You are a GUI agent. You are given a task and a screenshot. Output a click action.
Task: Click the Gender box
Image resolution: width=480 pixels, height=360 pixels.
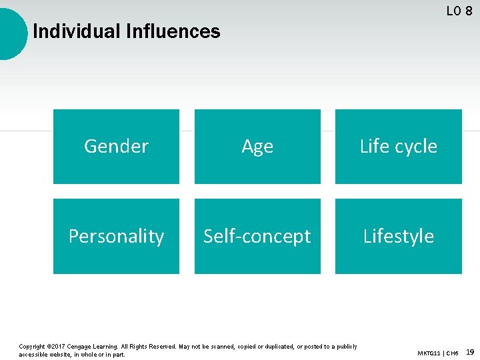pyautogui.click(x=116, y=147)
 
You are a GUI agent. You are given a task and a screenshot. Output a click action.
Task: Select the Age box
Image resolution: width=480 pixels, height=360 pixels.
pyautogui.click(x=257, y=147)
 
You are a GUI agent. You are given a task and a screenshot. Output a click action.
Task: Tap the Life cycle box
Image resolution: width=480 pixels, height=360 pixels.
pyautogui.click(x=398, y=147)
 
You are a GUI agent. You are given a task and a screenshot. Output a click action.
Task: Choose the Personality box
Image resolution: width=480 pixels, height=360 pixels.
pyautogui.click(x=116, y=236)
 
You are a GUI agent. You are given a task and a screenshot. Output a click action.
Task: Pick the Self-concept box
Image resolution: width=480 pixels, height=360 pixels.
pyautogui.click(x=257, y=236)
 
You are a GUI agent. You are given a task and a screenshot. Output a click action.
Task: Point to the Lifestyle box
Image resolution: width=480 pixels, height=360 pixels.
pyautogui.click(x=398, y=236)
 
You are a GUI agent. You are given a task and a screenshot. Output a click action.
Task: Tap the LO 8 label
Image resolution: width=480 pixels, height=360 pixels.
pyautogui.click(x=459, y=11)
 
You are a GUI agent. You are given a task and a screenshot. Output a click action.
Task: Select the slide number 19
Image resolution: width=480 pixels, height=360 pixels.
pyautogui.click(x=470, y=351)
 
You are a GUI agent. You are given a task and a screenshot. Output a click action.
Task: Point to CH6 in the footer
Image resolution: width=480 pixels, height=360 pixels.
pyautogui.click(x=452, y=353)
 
